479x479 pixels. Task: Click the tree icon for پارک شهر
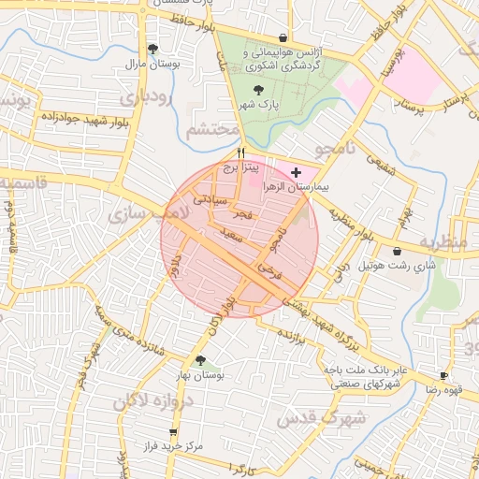(x=258, y=89)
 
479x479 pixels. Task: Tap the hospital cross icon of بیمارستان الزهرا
(x=297, y=173)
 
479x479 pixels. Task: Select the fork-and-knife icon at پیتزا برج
(x=241, y=152)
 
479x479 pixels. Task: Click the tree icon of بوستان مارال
(x=153, y=49)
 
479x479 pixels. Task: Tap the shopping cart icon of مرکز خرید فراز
(x=172, y=431)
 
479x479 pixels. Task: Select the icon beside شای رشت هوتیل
(x=399, y=252)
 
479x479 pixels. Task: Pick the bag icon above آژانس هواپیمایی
(x=283, y=37)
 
